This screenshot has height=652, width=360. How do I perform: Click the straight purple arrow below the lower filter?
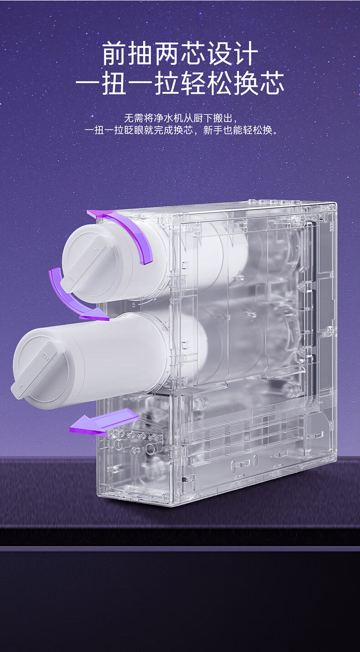(103, 422)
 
